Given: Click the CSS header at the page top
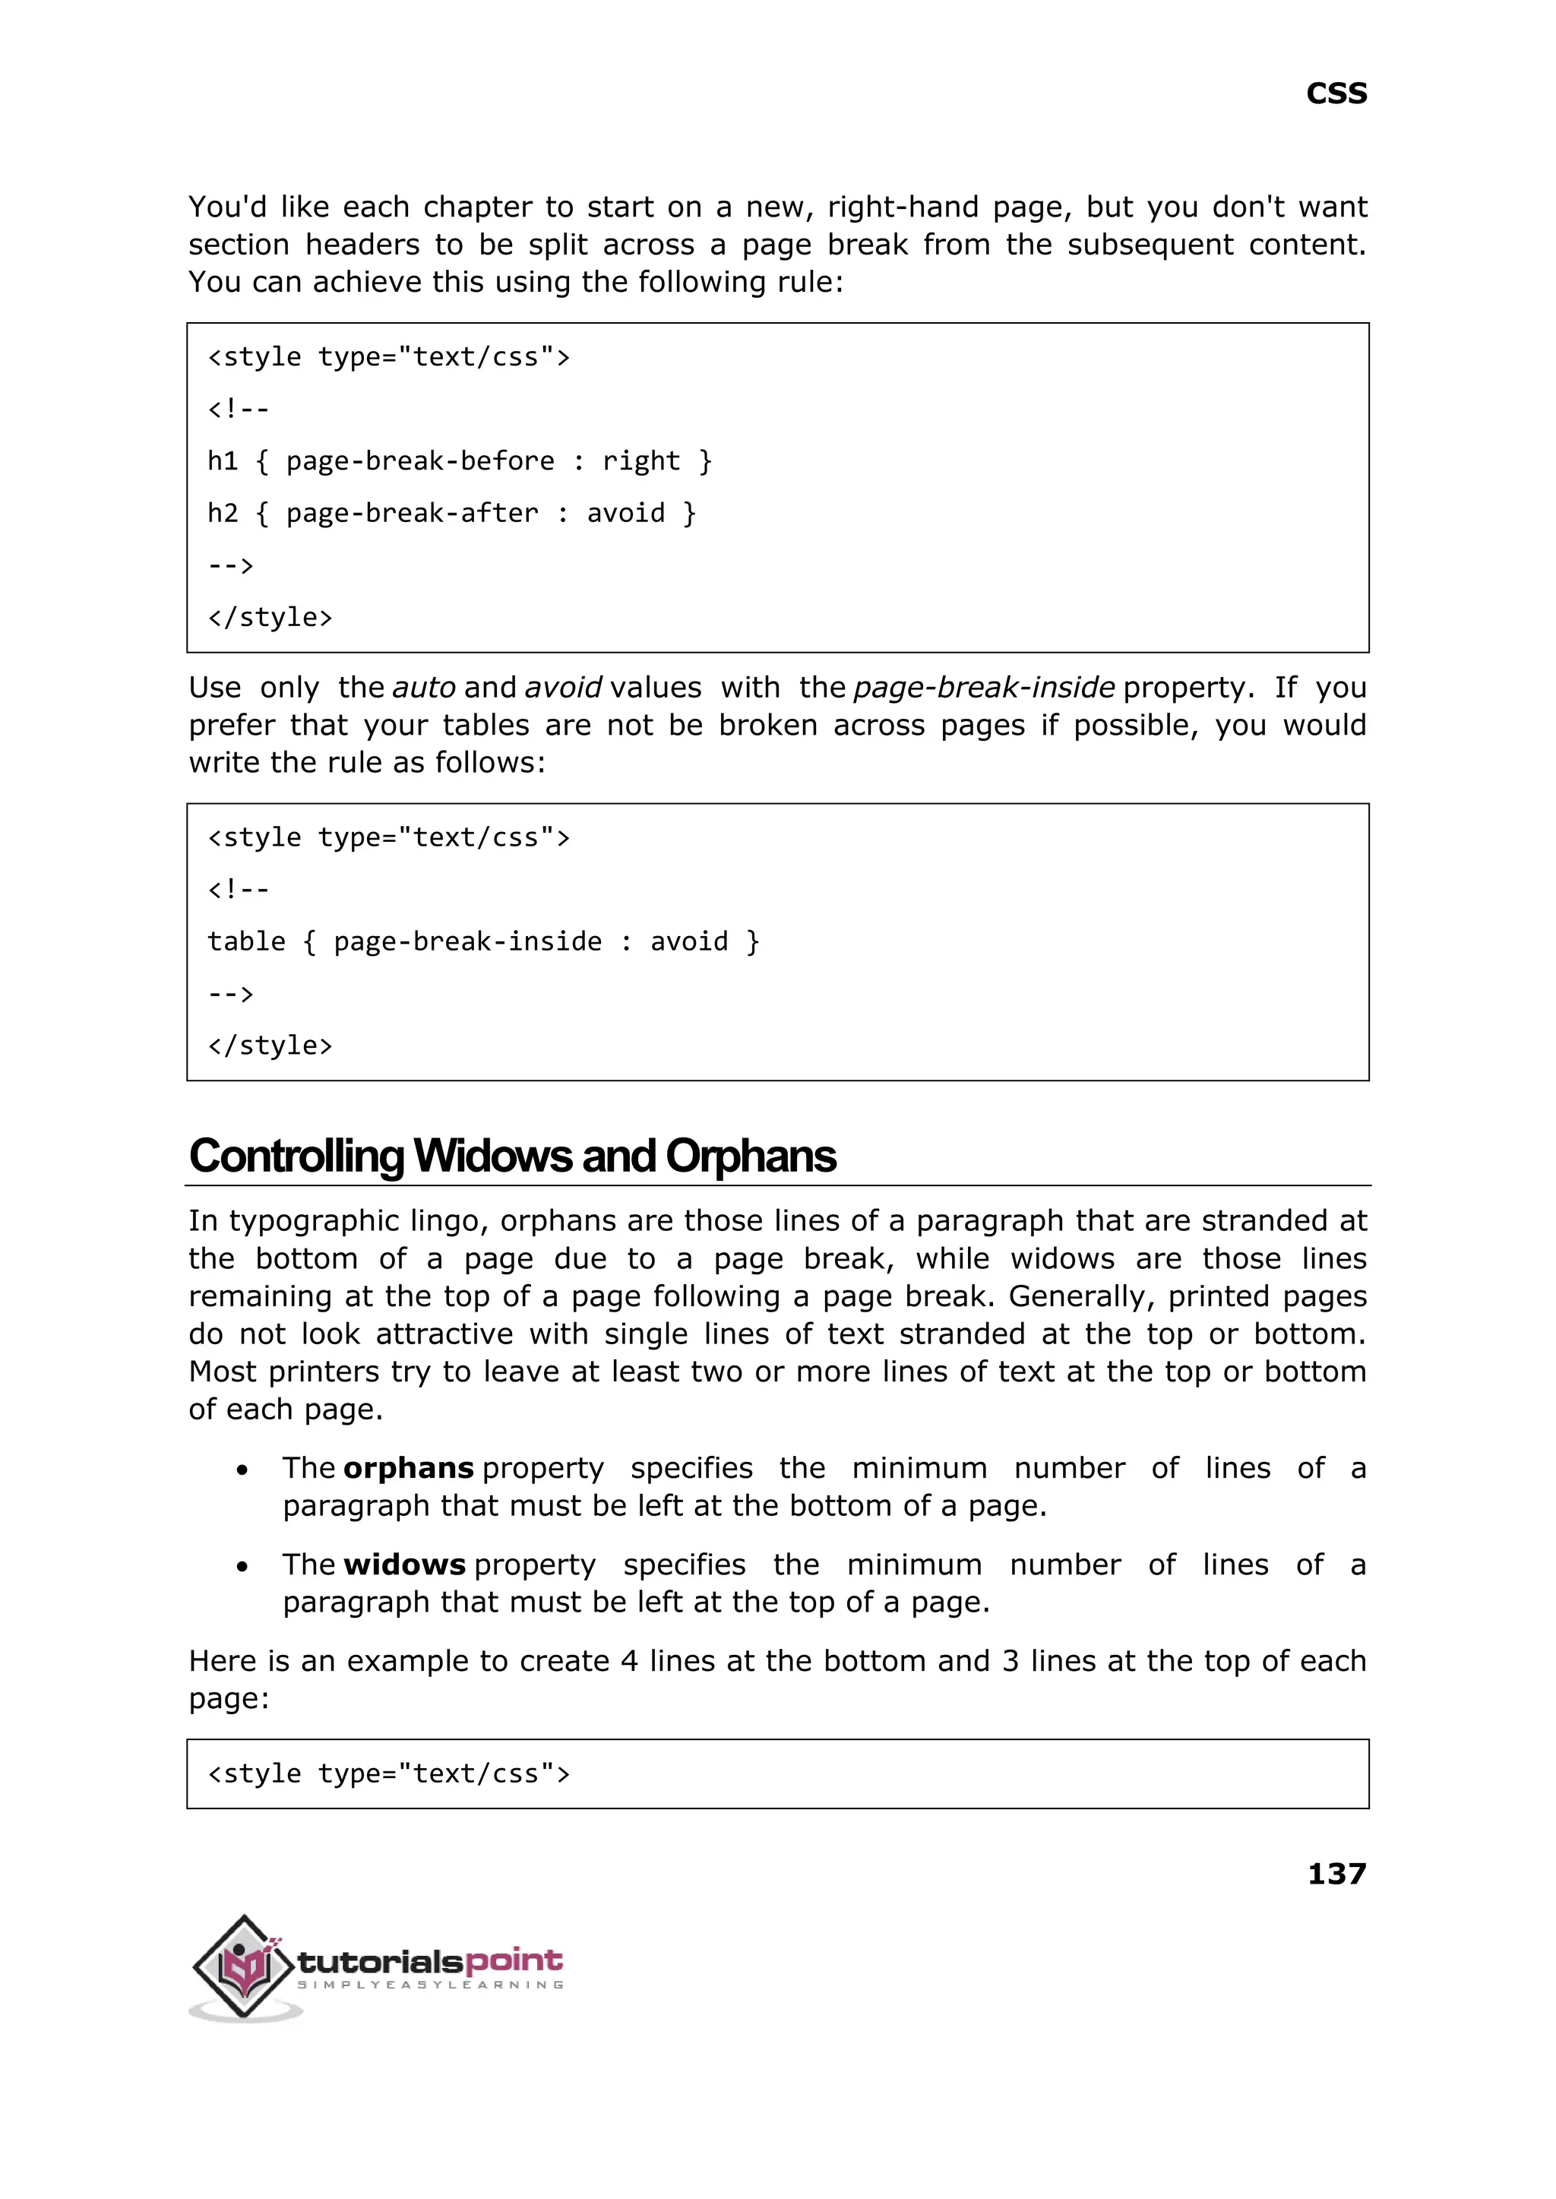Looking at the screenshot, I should [x=1336, y=94].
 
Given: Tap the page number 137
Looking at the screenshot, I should [x=1336, y=1872].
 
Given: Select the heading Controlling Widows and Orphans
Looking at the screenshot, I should [x=513, y=1156].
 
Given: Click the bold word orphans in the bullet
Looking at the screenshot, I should [x=408, y=1468].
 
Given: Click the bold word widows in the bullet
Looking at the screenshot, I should [x=404, y=1565].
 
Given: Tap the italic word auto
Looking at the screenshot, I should [x=423, y=687].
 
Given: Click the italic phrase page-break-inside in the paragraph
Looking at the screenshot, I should [x=983, y=687].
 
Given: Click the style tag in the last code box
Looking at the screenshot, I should [x=389, y=1773].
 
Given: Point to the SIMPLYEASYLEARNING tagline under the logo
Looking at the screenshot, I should [x=430, y=1985].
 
